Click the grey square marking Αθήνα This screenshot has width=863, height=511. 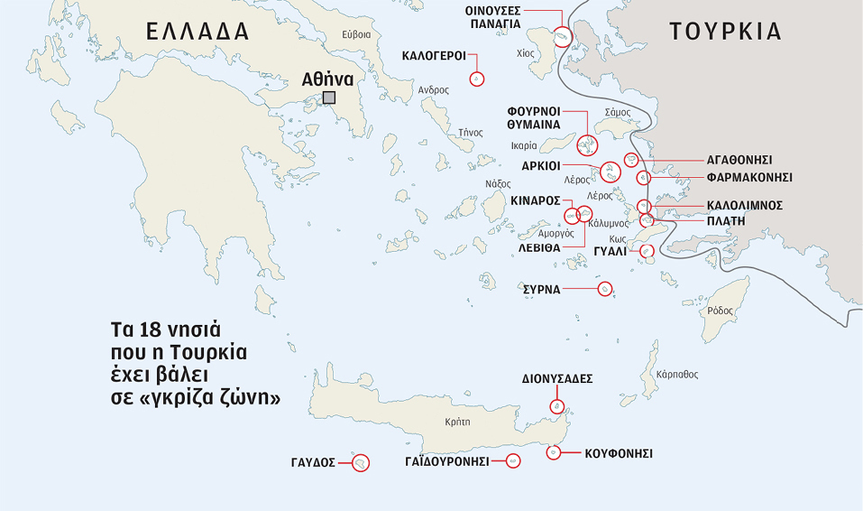tap(329, 98)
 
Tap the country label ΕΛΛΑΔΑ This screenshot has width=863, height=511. tap(197, 32)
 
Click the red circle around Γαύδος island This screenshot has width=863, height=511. tap(360, 463)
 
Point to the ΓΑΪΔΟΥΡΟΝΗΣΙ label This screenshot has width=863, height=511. tap(446, 461)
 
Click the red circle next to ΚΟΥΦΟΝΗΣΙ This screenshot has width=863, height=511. tap(555, 451)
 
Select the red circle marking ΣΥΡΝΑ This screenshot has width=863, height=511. tap(605, 289)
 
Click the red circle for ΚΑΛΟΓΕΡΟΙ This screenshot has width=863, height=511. tap(477, 79)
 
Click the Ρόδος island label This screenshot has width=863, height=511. tap(721, 310)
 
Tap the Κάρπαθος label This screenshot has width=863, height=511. tap(678, 374)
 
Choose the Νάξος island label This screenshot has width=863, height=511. tap(498, 183)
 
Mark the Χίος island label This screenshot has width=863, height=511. tap(525, 53)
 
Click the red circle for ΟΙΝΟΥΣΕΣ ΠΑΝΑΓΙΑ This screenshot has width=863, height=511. tap(563, 37)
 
